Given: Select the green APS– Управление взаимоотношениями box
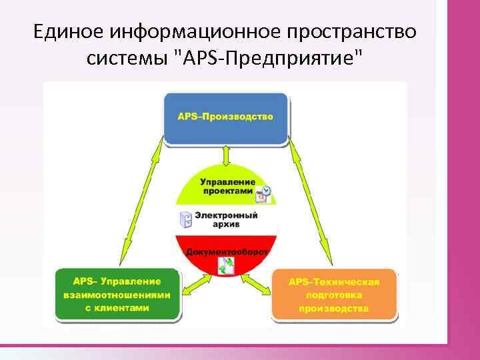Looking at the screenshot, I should point(117,294).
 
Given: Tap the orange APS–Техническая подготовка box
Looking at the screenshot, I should point(333,295).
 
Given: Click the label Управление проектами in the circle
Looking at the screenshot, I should point(227,185).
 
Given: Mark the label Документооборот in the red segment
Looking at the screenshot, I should point(227,252).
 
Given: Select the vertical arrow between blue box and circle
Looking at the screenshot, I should point(227,155).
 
